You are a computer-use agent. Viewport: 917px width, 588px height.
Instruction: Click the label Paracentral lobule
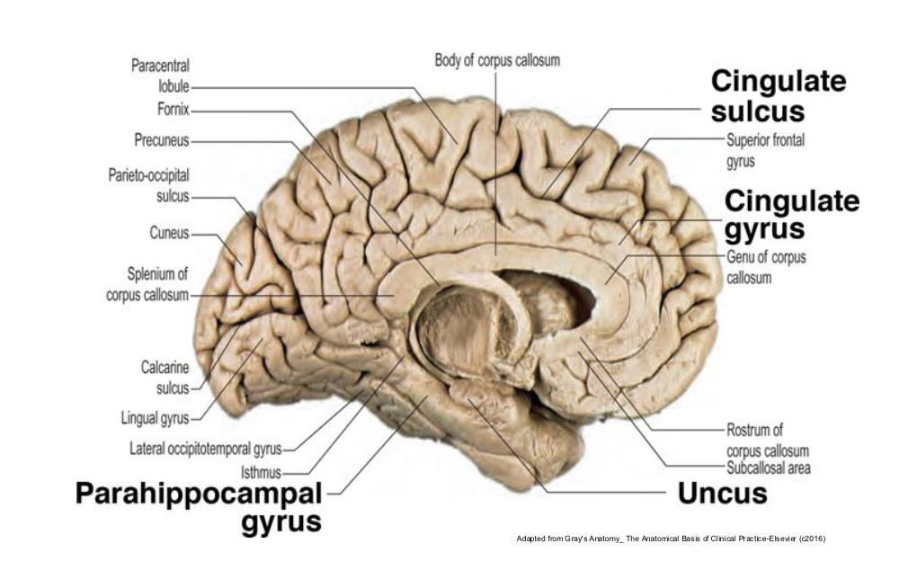click(x=160, y=76)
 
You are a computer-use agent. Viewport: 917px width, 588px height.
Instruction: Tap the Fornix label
click(x=174, y=110)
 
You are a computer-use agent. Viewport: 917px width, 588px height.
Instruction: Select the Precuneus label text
click(x=162, y=140)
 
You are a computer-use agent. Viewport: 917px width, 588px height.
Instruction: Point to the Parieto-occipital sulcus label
click(x=148, y=185)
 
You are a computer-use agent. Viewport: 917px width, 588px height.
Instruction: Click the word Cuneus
click(x=170, y=233)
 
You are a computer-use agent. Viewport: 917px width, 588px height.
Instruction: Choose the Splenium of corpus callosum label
click(x=147, y=284)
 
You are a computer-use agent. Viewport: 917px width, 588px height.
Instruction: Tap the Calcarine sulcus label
click(x=165, y=378)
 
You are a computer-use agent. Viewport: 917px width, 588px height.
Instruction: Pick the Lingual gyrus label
click(x=155, y=418)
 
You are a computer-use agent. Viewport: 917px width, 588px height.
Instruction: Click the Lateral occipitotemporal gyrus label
click(x=205, y=449)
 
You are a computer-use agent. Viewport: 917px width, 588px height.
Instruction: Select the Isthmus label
click(x=261, y=472)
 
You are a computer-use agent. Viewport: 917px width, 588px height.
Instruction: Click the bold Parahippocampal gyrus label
click(x=199, y=508)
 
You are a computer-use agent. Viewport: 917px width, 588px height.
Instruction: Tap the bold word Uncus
click(x=722, y=494)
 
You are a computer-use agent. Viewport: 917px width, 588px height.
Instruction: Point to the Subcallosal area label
click(x=769, y=468)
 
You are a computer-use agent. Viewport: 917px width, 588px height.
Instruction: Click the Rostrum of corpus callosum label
click(x=767, y=440)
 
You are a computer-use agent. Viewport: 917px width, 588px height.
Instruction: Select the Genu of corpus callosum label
click(x=766, y=267)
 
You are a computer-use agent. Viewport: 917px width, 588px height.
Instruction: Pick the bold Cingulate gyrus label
click(x=792, y=215)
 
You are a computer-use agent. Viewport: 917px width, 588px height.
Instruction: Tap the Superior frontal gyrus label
click(x=766, y=150)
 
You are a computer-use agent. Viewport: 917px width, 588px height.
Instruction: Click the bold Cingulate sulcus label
click(x=779, y=96)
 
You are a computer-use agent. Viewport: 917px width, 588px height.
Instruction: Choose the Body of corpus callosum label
click(x=497, y=60)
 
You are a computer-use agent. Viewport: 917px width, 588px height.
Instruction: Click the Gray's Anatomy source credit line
click(x=671, y=539)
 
